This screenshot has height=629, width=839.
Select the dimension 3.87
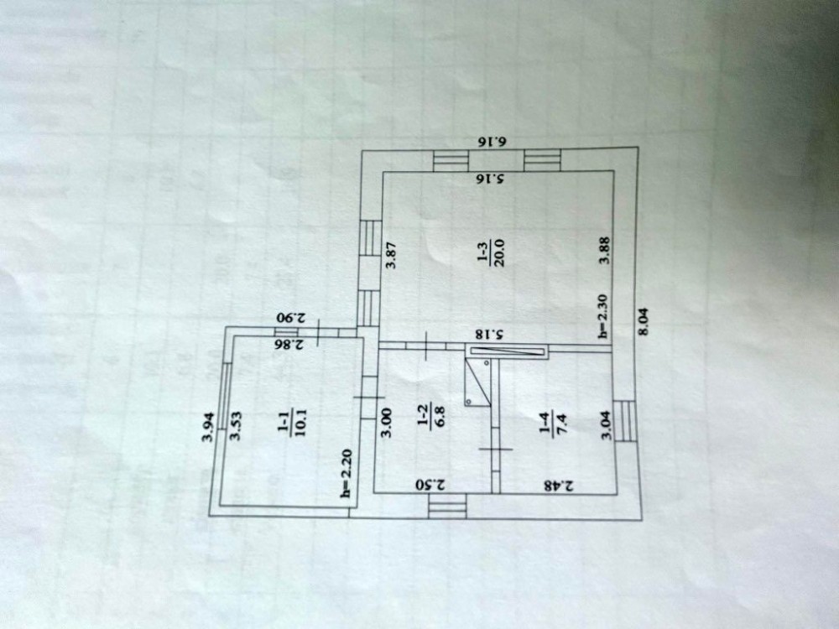[x=390, y=255]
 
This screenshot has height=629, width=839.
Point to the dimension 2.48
[x=557, y=485]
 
